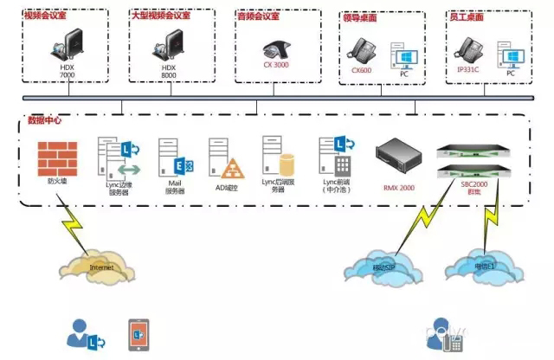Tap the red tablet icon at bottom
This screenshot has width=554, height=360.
pyautogui.click(x=138, y=332)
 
